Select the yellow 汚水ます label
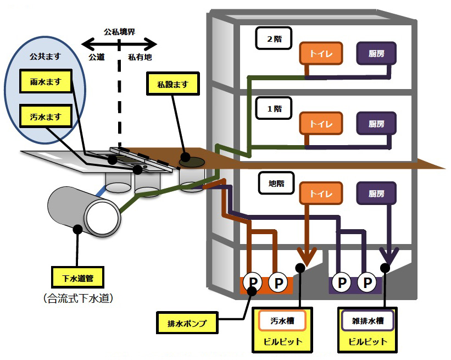point(47,117)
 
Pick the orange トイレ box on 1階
point(321,123)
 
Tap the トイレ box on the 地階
point(321,193)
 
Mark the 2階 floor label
point(274,38)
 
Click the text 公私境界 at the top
point(119,31)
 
